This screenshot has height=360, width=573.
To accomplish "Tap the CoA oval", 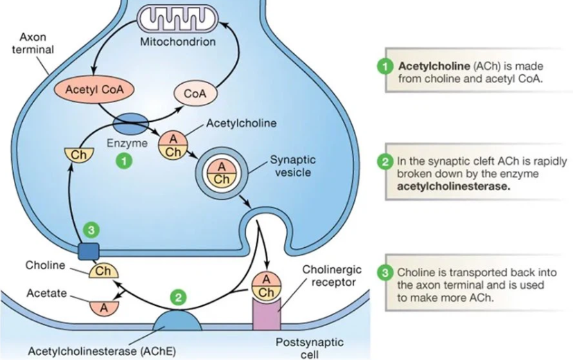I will point(196,93).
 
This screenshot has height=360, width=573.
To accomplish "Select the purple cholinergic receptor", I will point(268,314).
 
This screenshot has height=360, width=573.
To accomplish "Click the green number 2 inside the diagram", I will point(178,298).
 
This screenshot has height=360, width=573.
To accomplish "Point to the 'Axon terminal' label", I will point(32,43).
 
